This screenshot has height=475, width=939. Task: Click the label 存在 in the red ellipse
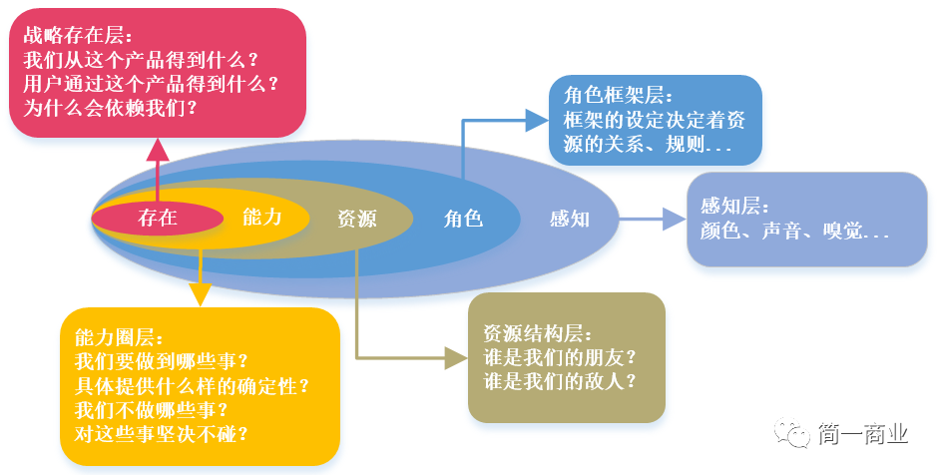click(x=158, y=218)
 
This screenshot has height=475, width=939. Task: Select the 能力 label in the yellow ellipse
click(x=262, y=217)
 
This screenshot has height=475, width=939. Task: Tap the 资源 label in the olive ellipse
click(x=356, y=218)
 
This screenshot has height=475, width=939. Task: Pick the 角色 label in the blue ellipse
click(x=463, y=218)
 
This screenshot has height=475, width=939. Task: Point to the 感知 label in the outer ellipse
click(x=570, y=218)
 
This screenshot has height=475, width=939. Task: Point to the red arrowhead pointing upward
click(x=158, y=149)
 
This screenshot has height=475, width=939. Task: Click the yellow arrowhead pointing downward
click(x=201, y=294)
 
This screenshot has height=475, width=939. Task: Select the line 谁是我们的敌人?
click(x=560, y=380)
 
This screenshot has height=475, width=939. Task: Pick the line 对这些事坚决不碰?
click(x=161, y=433)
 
